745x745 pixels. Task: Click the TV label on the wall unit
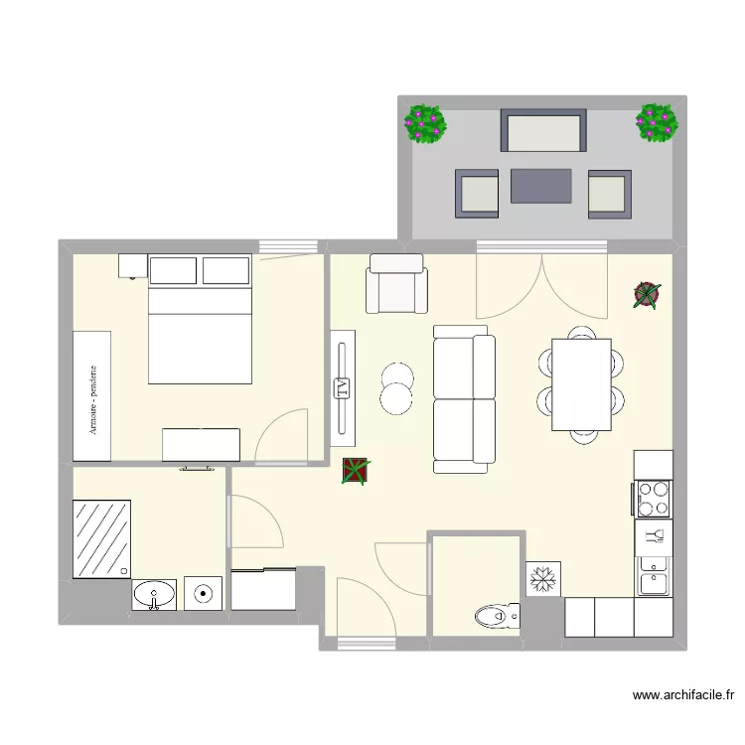coord(343,388)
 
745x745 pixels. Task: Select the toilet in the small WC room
coord(496,617)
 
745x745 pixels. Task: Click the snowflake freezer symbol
coord(543,579)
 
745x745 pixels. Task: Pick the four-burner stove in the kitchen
coord(654,499)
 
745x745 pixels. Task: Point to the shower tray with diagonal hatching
coord(102,537)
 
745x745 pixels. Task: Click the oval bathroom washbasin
coord(155,595)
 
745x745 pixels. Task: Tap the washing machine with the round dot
coord(204,594)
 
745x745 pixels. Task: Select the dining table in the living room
coord(581,384)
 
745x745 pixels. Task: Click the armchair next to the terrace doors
coord(396,284)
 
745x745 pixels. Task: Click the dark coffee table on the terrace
coord(541,186)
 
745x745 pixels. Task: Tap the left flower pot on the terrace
coord(425,124)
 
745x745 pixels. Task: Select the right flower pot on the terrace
coord(657,122)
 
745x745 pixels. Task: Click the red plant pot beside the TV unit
coord(355,471)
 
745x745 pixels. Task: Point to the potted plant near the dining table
coord(647,294)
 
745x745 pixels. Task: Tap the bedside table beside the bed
coord(132,265)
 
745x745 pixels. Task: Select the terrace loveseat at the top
coord(543,130)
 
